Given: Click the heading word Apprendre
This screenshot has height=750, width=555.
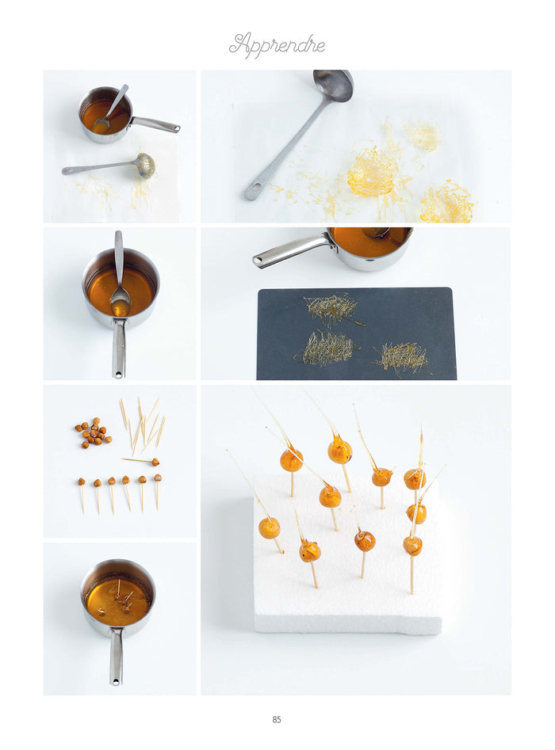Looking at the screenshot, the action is pyautogui.click(x=277, y=45).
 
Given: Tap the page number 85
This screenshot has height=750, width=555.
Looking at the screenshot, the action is pyautogui.click(x=277, y=719).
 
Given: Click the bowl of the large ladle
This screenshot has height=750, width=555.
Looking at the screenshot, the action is pyautogui.click(x=333, y=86).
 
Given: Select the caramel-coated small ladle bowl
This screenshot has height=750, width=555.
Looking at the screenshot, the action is pyautogui.click(x=145, y=166).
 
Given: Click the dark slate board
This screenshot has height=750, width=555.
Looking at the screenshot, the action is pyautogui.click(x=356, y=333).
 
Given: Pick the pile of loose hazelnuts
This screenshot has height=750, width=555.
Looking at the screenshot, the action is pyautogui.click(x=94, y=432).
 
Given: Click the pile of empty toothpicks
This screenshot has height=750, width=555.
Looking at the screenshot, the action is pyautogui.click(x=142, y=423).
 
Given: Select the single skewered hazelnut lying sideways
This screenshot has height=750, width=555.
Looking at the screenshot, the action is pyautogui.click(x=141, y=461).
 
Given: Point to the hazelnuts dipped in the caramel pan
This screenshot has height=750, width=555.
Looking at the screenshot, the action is pyautogui.click(x=120, y=600).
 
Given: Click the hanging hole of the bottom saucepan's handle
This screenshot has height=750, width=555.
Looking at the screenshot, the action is pyautogui.click(x=116, y=680).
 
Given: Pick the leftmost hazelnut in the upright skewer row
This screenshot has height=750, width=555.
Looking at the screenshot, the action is pyautogui.click(x=82, y=482).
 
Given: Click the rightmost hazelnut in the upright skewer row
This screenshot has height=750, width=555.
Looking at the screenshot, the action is pyautogui.click(x=158, y=478).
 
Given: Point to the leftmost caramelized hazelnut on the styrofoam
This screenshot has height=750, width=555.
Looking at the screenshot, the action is pyautogui.click(x=269, y=528).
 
